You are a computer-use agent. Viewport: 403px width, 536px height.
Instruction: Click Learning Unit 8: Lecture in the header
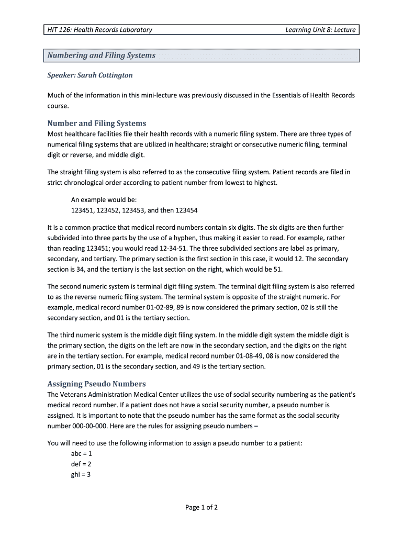click(320, 30)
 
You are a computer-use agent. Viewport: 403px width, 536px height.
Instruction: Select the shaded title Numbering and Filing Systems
click(102, 55)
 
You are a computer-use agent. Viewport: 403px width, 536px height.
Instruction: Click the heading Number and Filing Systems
click(97, 124)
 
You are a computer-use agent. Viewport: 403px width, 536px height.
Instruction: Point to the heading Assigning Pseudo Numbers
click(97, 384)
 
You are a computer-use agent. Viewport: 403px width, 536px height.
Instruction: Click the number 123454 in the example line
click(186, 210)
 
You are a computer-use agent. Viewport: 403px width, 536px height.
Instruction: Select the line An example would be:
click(104, 200)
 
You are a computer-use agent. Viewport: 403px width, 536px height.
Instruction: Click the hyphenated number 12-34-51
click(167, 248)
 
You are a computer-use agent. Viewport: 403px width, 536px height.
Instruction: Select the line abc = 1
click(81, 454)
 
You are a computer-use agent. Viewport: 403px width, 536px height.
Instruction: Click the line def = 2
click(81, 464)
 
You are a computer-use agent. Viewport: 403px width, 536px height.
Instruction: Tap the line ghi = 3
click(81, 475)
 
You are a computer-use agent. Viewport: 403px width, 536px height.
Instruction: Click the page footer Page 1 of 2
click(201, 507)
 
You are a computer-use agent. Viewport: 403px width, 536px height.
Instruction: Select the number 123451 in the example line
click(82, 210)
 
